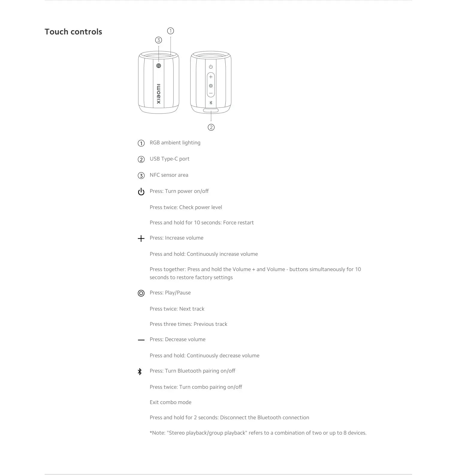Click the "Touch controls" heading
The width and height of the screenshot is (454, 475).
[x=73, y=32]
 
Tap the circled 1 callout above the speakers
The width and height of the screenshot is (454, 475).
[x=171, y=31]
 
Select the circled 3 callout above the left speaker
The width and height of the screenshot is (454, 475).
[x=159, y=40]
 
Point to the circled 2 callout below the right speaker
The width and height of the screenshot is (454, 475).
[x=211, y=127]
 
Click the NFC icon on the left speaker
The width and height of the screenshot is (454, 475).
[x=159, y=66]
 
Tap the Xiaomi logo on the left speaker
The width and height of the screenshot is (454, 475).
[x=159, y=94]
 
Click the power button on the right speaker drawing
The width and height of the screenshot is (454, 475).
[x=211, y=67]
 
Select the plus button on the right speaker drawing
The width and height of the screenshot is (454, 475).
[x=211, y=77]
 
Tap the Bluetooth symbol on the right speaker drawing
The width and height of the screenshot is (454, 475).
[x=211, y=103]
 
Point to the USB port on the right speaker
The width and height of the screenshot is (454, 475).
[x=211, y=111]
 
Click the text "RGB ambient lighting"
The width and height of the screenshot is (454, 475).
[x=175, y=143]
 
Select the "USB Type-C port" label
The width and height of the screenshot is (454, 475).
[x=169, y=159]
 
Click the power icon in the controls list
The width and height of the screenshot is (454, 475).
[x=141, y=192]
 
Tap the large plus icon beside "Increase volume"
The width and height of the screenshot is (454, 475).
[x=141, y=238]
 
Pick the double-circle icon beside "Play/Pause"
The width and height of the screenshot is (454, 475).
[x=141, y=293]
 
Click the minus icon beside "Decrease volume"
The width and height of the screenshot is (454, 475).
[x=141, y=340]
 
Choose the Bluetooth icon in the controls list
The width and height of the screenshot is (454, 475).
[x=140, y=372]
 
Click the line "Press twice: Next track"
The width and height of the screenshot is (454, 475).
[x=177, y=309]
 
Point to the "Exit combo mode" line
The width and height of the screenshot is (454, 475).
[x=171, y=402]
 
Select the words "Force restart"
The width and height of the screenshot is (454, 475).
[x=238, y=223]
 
